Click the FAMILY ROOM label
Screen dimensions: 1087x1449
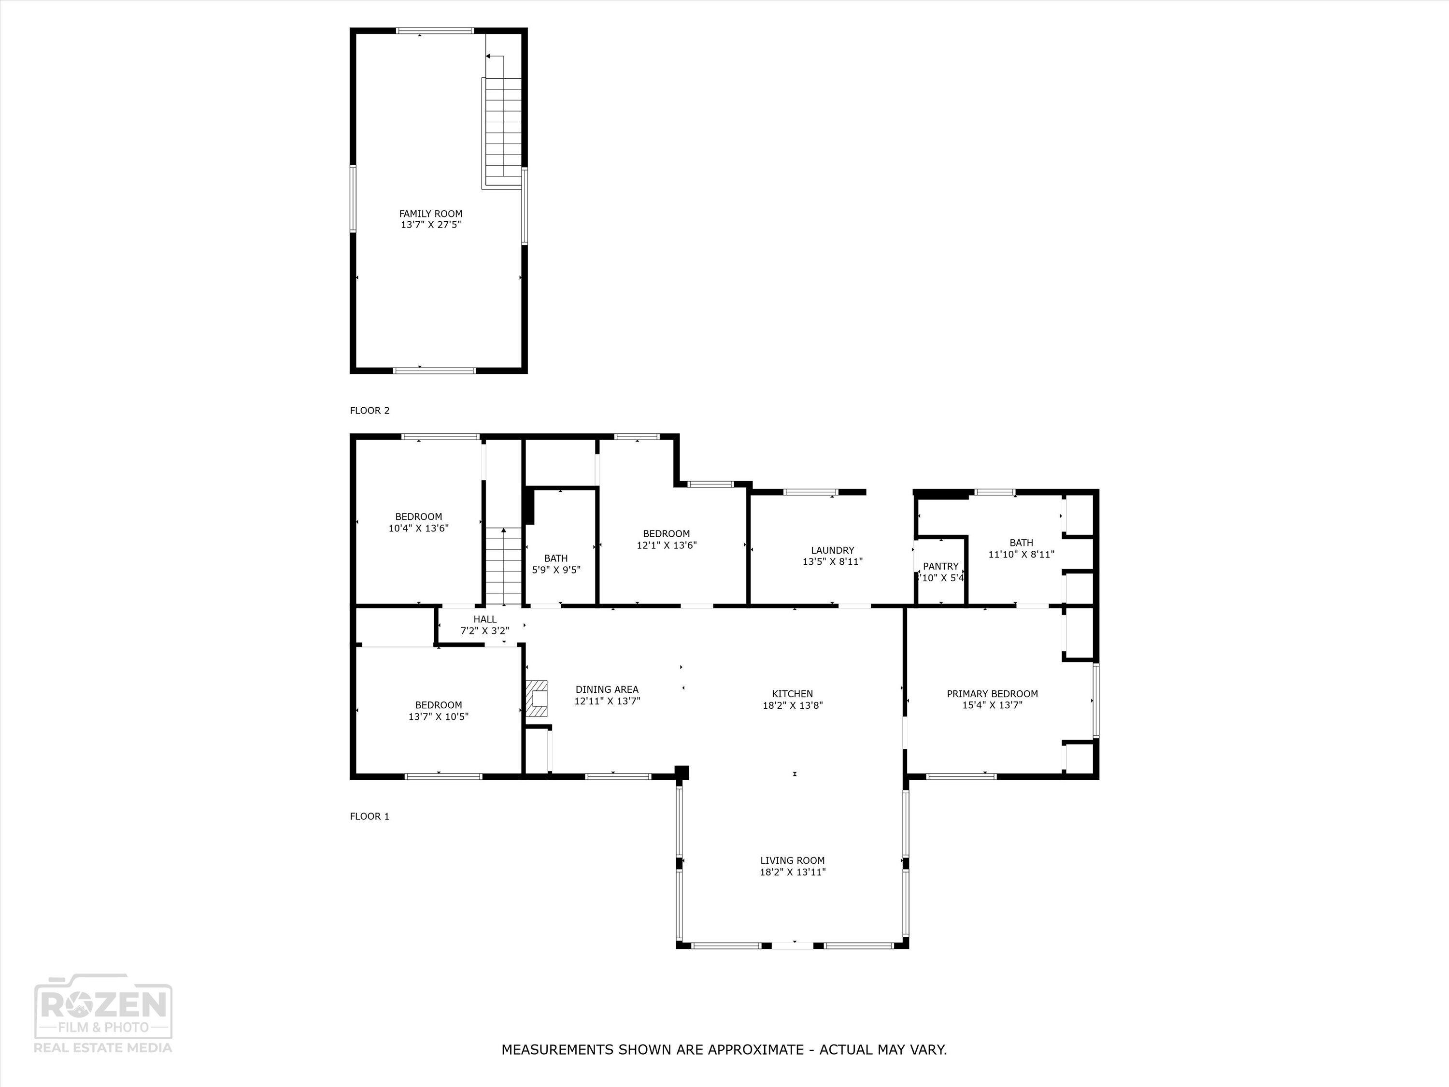pyautogui.click(x=430, y=214)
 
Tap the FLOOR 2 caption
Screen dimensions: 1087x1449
pyautogui.click(x=369, y=411)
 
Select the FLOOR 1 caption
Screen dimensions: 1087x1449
pyautogui.click(x=369, y=816)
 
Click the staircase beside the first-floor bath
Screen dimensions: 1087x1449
pyautogui.click(x=503, y=567)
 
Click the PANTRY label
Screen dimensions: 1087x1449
pyautogui.click(x=941, y=567)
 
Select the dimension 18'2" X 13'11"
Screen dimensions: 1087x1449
pyautogui.click(x=793, y=872)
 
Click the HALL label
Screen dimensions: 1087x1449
pyautogui.click(x=485, y=619)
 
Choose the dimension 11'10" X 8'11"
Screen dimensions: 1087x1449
pyautogui.click(x=1021, y=554)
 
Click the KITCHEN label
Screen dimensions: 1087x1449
pyautogui.click(x=792, y=694)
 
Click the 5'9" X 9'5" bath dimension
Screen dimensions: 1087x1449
pyautogui.click(x=555, y=570)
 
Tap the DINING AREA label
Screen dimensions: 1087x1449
pyautogui.click(x=607, y=689)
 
